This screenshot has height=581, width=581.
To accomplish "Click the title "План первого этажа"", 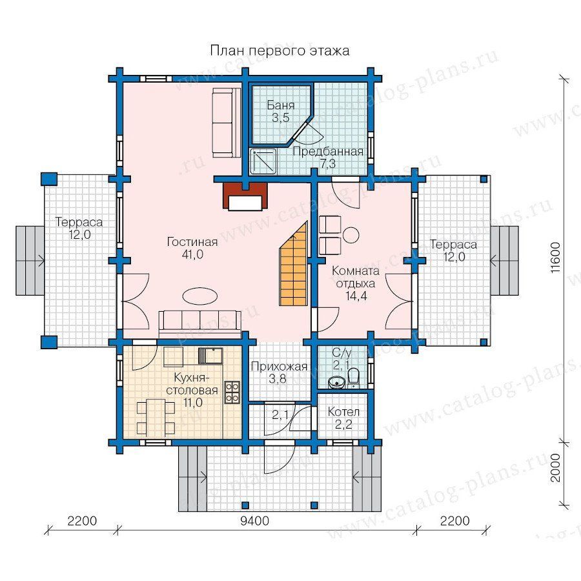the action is click(x=280, y=50).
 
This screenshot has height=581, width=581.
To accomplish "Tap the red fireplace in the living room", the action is click(x=245, y=195).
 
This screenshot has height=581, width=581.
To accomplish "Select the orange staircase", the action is click(x=294, y=263).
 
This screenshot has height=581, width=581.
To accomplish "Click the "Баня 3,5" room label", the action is click(x=281, y=112).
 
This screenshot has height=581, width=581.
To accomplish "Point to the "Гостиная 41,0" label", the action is click(x=192, y=248).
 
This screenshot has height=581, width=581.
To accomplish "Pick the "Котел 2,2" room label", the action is click(x=343, y=418).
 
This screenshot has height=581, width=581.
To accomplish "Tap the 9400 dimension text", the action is click(x=254, y=520).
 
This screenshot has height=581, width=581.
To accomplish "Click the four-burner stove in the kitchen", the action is click(x=232, y=392).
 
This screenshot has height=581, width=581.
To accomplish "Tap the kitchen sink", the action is click(x=210, y=356).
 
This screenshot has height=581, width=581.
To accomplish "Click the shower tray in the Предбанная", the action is click(x=263, y=161).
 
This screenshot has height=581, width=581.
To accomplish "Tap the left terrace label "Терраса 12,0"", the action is click(x=79, y=229).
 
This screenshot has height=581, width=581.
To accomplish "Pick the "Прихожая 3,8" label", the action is click(x=280, y=372).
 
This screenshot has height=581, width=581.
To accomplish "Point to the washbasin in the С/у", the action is click(x=336, y=382).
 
